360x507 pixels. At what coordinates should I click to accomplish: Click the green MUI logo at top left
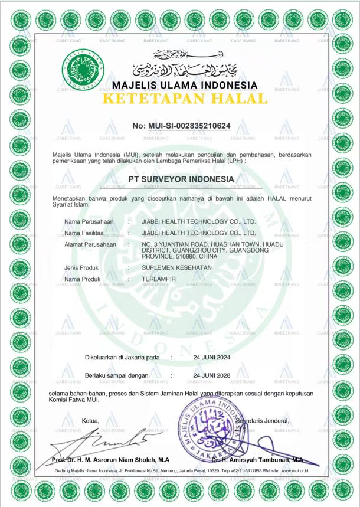pyautogui.click(x=82, y=70)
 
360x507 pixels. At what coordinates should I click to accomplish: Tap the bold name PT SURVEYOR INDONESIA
pyautogui.click(x=181, y=179)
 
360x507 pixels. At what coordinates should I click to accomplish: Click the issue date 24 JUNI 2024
pyautogui.click(x=211, y=358)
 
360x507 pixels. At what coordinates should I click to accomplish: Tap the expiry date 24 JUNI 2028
pyautogui.click(x=211, y=375)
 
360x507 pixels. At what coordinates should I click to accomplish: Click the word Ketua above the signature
pyautogui.click(x=90, y=421)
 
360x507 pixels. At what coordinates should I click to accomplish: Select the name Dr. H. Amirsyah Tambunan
pyautogui.click(x=257, y=459)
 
